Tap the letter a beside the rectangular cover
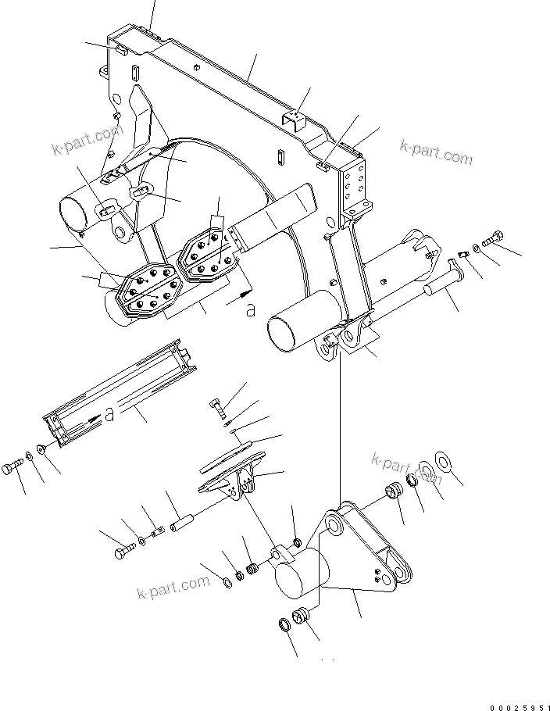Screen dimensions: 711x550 [109, 415]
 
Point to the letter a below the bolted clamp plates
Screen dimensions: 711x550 [250, 309]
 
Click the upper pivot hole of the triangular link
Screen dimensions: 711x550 [336, 528]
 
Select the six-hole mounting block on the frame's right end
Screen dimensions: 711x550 [358, 185]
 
